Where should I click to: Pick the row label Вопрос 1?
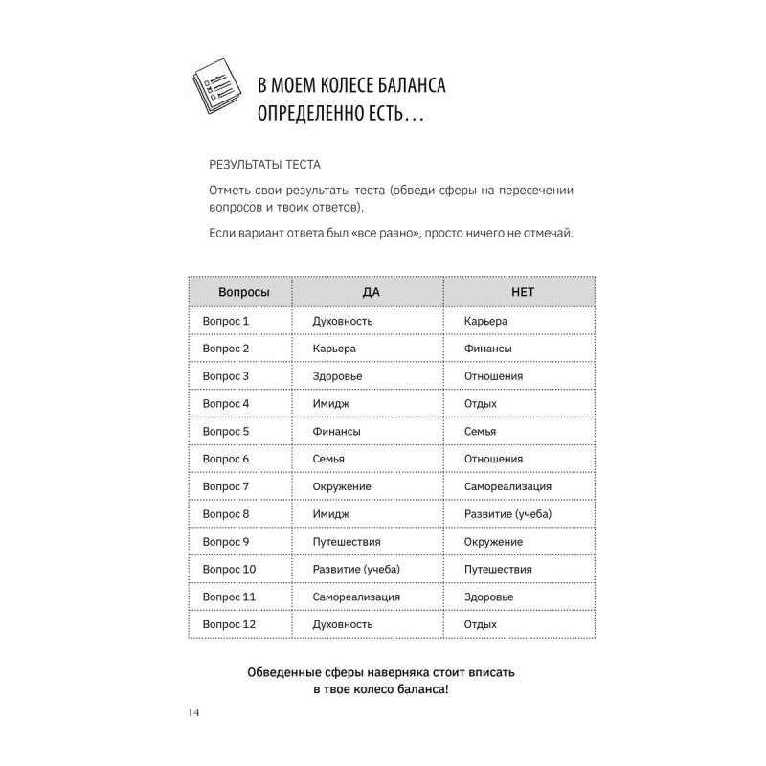(226, 321)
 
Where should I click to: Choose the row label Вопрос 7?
(226, 486)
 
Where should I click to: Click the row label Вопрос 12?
(229, 624)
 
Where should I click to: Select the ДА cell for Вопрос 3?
(337, 376)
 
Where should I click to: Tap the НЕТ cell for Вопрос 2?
(486, 349)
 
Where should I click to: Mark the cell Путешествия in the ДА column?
(348, 542)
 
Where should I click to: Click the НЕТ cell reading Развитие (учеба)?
(507, 514)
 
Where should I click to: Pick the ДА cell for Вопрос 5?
(336, 432)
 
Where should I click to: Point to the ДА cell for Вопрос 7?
(342, 486)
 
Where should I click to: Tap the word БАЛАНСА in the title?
(401, 87)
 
